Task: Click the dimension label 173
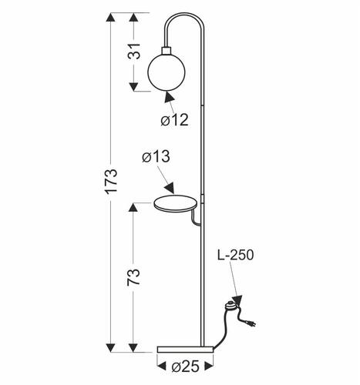(x=112, y=181)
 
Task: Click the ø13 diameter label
(x=156, y=157)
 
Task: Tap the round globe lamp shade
(x=167, y=70)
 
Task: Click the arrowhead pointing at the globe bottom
(x=168, y=97)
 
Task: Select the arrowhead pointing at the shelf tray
(x=169, y=188)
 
